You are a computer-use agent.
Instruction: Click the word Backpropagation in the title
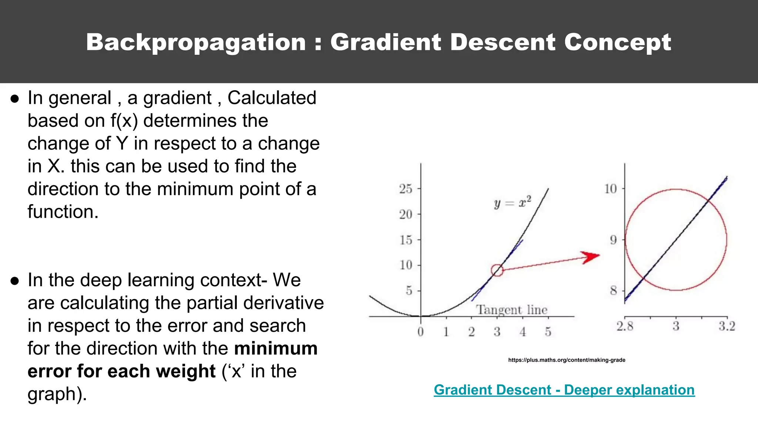[x=196, y=42]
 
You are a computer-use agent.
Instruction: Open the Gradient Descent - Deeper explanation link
[x=564, y=390]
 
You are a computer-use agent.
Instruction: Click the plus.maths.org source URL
[x=567, y=360]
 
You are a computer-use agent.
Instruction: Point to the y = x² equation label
[x=513, y=202]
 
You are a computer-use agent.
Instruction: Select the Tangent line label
[x=512, y=310]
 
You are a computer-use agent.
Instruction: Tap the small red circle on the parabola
[x=497, y=270]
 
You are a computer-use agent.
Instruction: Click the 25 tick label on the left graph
[x=406, y=189]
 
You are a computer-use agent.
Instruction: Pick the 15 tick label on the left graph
[x=406, y=240]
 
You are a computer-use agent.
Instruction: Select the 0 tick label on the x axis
[x=420, y=332]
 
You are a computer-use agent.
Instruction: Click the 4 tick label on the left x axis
[x=523, y=332]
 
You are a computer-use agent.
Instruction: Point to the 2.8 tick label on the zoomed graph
[x=625, y=326]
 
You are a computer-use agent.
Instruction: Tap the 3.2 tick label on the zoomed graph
[x=727, y=326]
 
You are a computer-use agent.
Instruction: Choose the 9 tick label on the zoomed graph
[x=614, y=240]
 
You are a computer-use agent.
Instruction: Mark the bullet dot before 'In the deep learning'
[x=15, y=281]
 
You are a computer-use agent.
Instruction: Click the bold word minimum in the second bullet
[x=276, y=348]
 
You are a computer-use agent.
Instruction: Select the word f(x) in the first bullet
[x=124, y=121]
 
